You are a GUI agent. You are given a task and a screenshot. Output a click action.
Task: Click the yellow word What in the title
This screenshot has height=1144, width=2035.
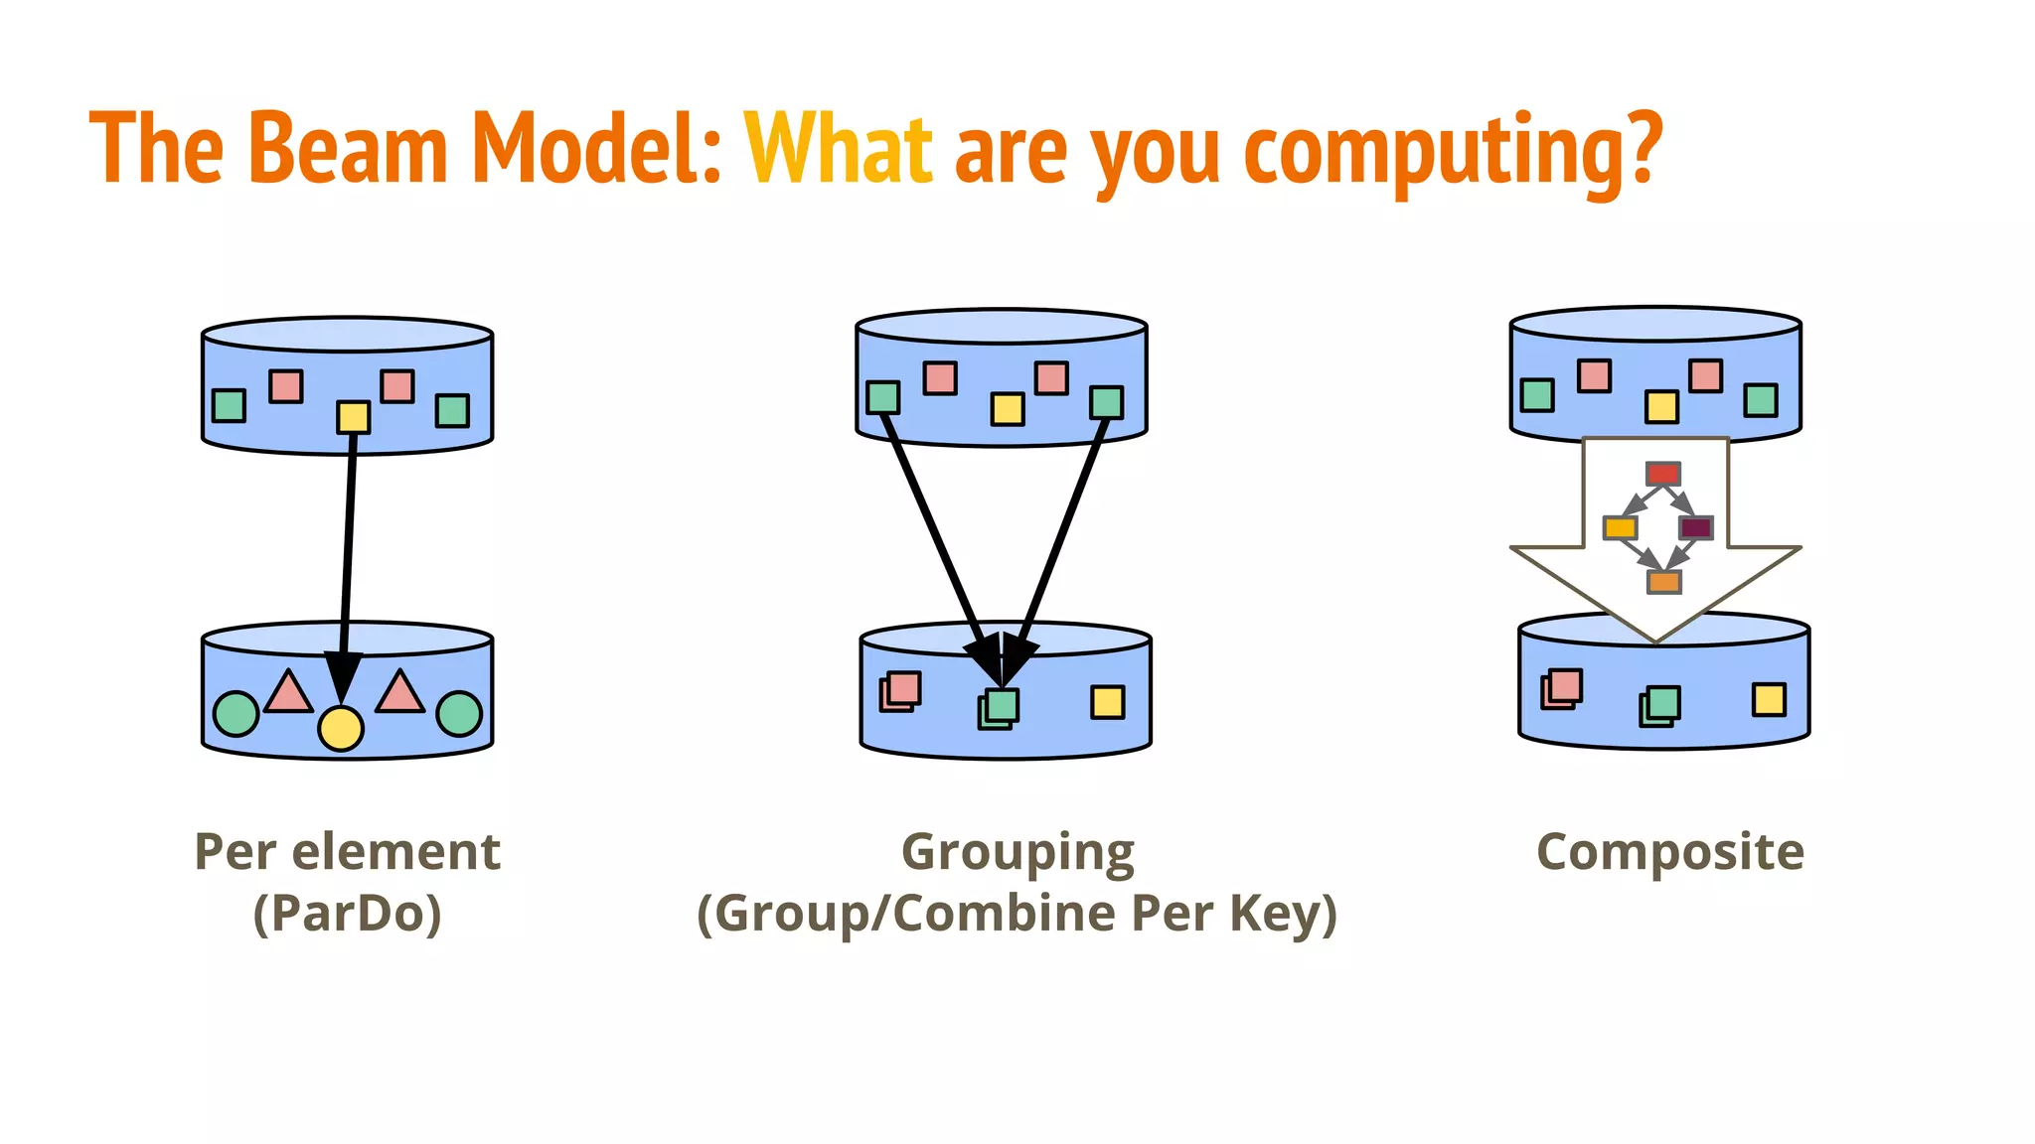(x=838, y=149)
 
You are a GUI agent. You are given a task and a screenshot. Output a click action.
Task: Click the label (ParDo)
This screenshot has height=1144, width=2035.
(x=347, y=913)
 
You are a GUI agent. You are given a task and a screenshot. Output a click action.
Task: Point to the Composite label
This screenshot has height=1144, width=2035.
(x=1669, y=851)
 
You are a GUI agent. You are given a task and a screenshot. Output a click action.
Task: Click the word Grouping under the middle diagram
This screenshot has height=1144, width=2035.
(x=1017, y=853)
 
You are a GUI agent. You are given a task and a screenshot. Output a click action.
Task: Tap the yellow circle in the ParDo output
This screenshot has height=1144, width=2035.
(x=341, y=728)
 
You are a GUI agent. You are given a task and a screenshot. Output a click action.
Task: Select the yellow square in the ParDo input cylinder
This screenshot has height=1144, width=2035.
(x=353, y=417)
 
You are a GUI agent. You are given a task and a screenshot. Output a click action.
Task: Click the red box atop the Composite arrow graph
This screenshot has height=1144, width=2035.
(x=1662, y=473)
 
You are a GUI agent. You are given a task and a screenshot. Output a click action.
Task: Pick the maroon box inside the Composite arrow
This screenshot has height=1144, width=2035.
(x=1695, y=527)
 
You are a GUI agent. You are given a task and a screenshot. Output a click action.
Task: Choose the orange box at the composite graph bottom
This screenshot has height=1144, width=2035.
(x=1663, y=582)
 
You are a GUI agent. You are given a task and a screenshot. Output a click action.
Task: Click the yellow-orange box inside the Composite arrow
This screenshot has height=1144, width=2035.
(x=1620, y=527)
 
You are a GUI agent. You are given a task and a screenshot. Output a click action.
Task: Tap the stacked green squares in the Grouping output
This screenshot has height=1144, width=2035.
(x=999, y=708)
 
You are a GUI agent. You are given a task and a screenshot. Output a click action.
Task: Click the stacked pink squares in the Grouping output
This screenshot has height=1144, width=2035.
(x=901, y=691)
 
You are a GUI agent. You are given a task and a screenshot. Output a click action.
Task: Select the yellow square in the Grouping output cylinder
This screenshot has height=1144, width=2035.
(x=1107, y=702)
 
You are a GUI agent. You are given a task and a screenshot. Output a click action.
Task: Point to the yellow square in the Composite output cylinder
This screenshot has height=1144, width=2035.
(x=1769, y=699)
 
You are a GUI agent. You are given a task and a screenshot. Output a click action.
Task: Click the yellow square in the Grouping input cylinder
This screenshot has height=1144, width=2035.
(x=1007, y=409)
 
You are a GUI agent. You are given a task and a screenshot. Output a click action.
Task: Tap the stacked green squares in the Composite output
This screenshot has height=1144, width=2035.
(x=1659, y=706)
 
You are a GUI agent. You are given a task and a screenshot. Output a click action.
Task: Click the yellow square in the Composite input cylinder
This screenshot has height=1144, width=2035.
(x=1661, y=406)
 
